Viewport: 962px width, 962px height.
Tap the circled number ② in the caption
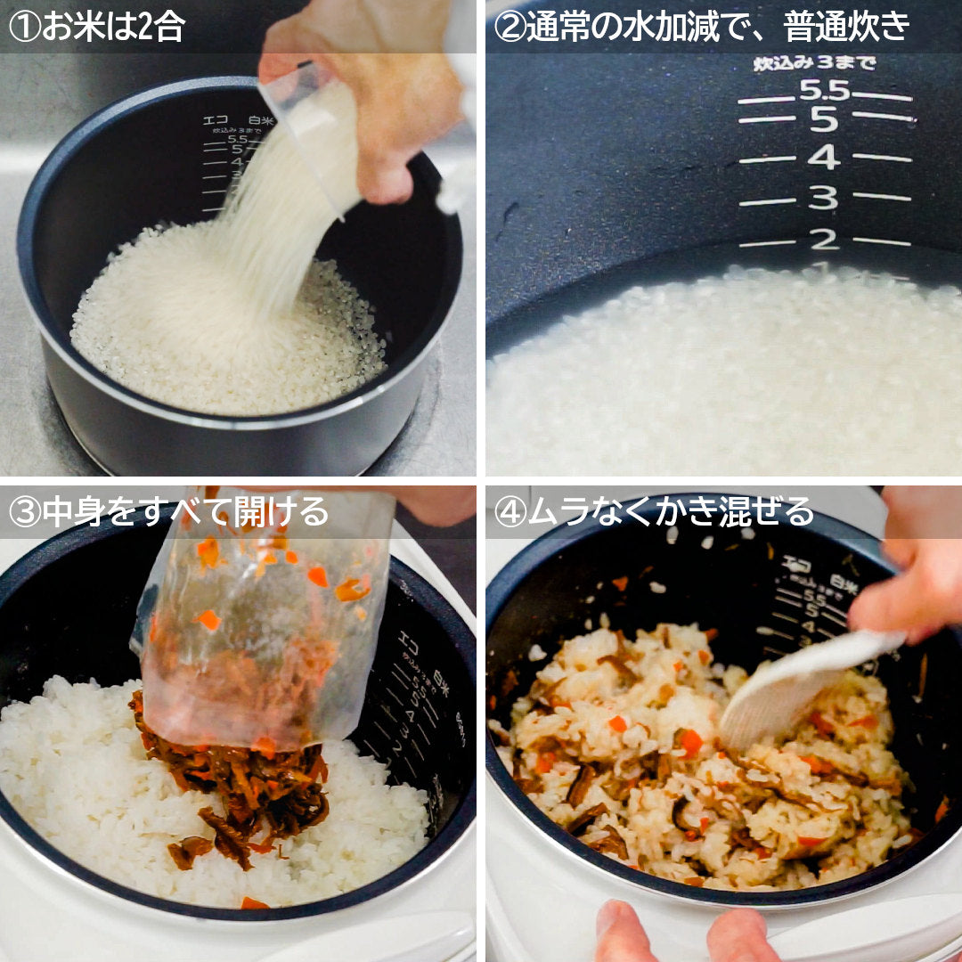pos(509,27)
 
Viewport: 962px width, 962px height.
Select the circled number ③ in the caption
pos(24,512)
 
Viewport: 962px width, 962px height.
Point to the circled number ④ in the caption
pos(509,512)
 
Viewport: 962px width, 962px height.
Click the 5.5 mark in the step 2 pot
pos(825,90)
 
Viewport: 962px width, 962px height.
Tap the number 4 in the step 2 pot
pos(823,158)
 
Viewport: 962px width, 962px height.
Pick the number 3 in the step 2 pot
pos(824,198)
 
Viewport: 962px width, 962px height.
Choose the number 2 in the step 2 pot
pos(824,239)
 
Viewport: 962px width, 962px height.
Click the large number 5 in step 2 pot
pos(824,119)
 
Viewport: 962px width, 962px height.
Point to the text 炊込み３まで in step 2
pos(814,63)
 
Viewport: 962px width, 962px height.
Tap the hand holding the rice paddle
pos(909,579)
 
